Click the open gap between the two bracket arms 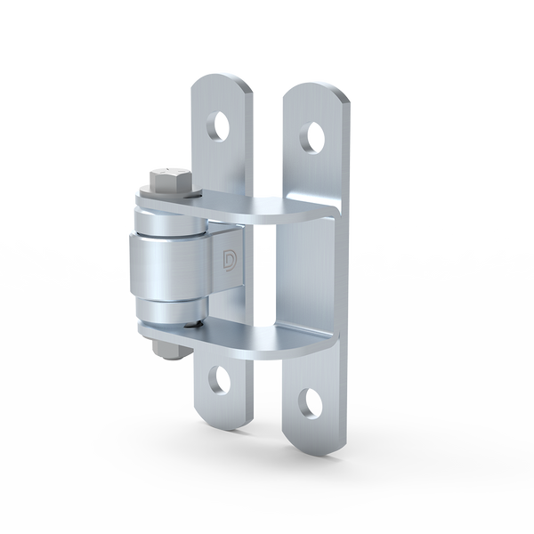tap(267, 276)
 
